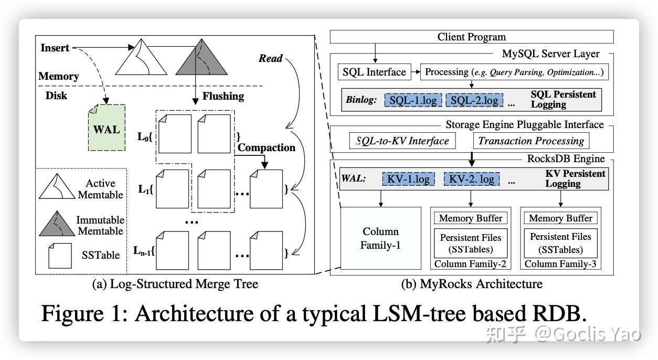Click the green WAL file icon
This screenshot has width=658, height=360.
click(107, 128)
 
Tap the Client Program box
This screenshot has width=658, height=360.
click(471, 37)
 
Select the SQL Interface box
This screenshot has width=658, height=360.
click(374, 72)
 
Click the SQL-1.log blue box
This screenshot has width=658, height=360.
click(413, 100)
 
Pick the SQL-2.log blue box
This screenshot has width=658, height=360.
click(474, 100)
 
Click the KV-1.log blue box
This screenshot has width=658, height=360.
click(409, 179)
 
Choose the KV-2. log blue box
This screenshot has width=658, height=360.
click(471, 179)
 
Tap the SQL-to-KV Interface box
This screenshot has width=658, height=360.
click(402, 141)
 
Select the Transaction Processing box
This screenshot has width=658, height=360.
click(530, 141)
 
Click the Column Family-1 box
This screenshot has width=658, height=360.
click(380, 238)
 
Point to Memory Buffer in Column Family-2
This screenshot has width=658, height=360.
click(470, 218)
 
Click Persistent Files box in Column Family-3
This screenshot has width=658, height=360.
click(560, 243)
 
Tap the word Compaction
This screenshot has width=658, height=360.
click(267, 147)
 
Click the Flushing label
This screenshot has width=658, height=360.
click(223, 96)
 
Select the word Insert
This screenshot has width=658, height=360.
click(55, 48)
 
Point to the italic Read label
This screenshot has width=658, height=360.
click(270, 58)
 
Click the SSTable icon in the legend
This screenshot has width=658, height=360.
click(60, 256)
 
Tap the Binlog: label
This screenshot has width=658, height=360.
click(361, 100)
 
